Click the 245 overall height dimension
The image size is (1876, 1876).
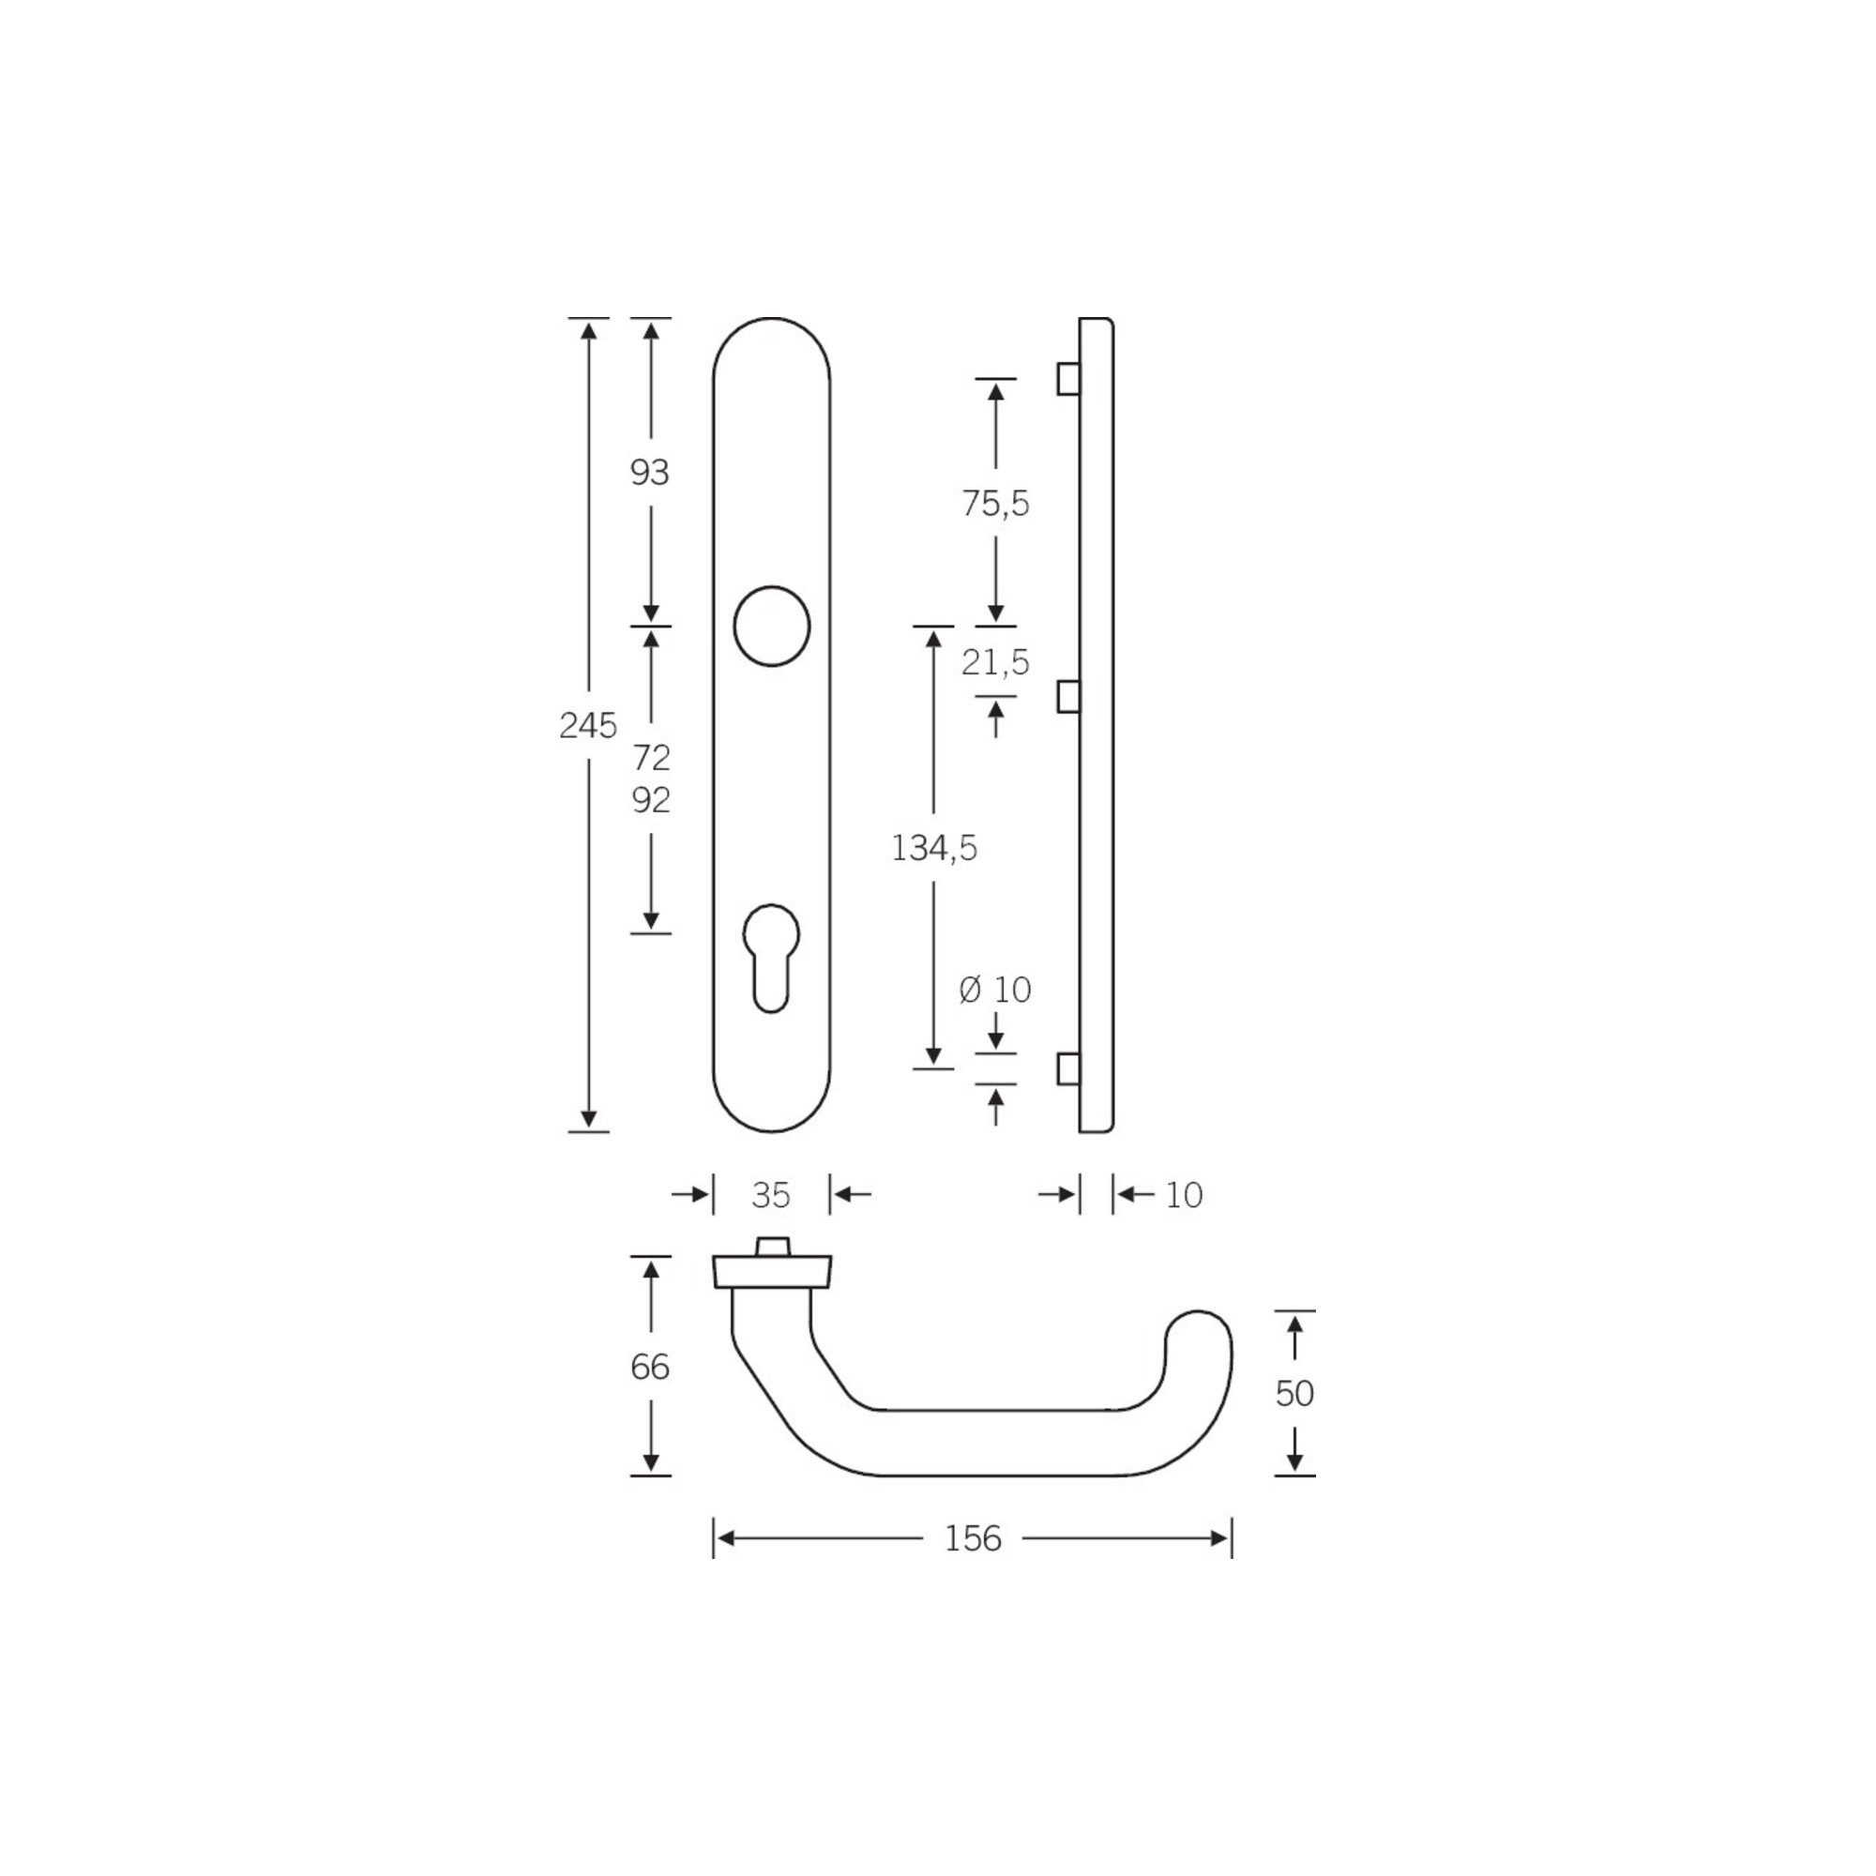(x=587, y=724)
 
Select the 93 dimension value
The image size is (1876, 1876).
(x=650, y=473)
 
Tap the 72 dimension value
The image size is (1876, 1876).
(x=651, y=756)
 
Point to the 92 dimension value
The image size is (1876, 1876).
(x=651, y=800)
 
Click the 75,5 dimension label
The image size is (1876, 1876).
(x=995, y=504)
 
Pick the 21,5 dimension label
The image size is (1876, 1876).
(x=995, y=662)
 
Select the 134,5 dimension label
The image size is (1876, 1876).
(x=934, y=849)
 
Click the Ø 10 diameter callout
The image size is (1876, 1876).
(x=994, y=990)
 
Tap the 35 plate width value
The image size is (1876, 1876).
(x=771, y=1195)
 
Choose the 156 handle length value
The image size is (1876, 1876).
(x=973, y=1538)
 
